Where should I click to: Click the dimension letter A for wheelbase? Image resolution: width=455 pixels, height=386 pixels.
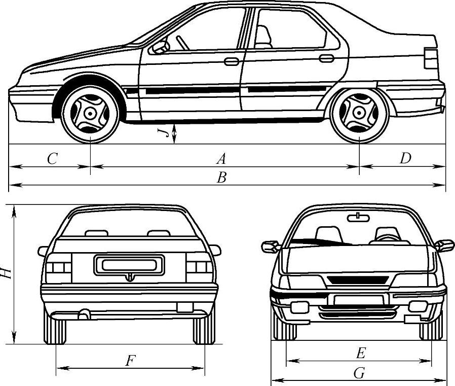click(x=221, y=159)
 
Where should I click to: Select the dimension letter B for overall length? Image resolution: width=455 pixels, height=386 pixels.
click(x=221, y=178)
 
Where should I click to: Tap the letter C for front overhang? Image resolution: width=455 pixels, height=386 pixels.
click(x=52, y=159)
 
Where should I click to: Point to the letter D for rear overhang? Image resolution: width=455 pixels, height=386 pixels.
click(x=404, y=159)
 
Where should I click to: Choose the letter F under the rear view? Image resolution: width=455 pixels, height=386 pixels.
click(x=130, y=361)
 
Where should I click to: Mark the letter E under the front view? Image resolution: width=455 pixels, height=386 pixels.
click(x=360, y=353)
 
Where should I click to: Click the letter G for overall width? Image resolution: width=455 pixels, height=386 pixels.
click(x=359, y=374)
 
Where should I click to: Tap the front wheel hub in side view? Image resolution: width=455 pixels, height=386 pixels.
click(x=90, y=113)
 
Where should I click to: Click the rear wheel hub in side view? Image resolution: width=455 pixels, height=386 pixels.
click(x=359, y=113)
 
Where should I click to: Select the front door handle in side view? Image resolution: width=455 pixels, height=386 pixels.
click(x=232, y=62)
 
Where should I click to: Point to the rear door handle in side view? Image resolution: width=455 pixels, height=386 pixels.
click(x=326, y=58)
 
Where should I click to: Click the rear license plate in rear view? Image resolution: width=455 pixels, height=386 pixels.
click(x=129, y=265)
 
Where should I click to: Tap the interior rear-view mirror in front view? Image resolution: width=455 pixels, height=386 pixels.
click(x=358, y=218)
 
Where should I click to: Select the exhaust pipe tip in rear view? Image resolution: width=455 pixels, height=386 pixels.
click(x=83, y=315)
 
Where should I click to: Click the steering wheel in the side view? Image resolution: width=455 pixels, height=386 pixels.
click(x=182, y=43)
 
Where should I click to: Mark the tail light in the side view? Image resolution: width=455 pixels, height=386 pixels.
click(x=430, y=58)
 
